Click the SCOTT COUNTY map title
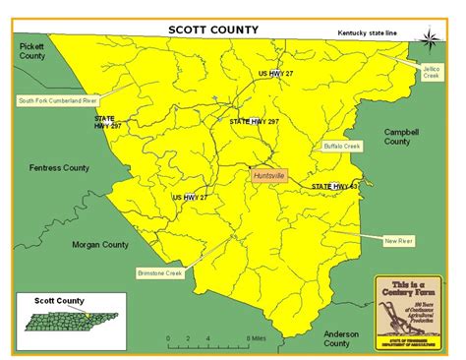[x=212, y=30]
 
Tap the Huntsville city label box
[x=268, y=174]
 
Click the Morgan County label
[x=100, y=245]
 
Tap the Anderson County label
[x=337, y=337]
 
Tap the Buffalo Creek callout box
[x=342, y=146]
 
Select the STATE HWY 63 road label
[x=334, y=186]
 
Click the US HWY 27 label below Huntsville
[x=190, y=197]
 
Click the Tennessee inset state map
[x=61, y=322]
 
